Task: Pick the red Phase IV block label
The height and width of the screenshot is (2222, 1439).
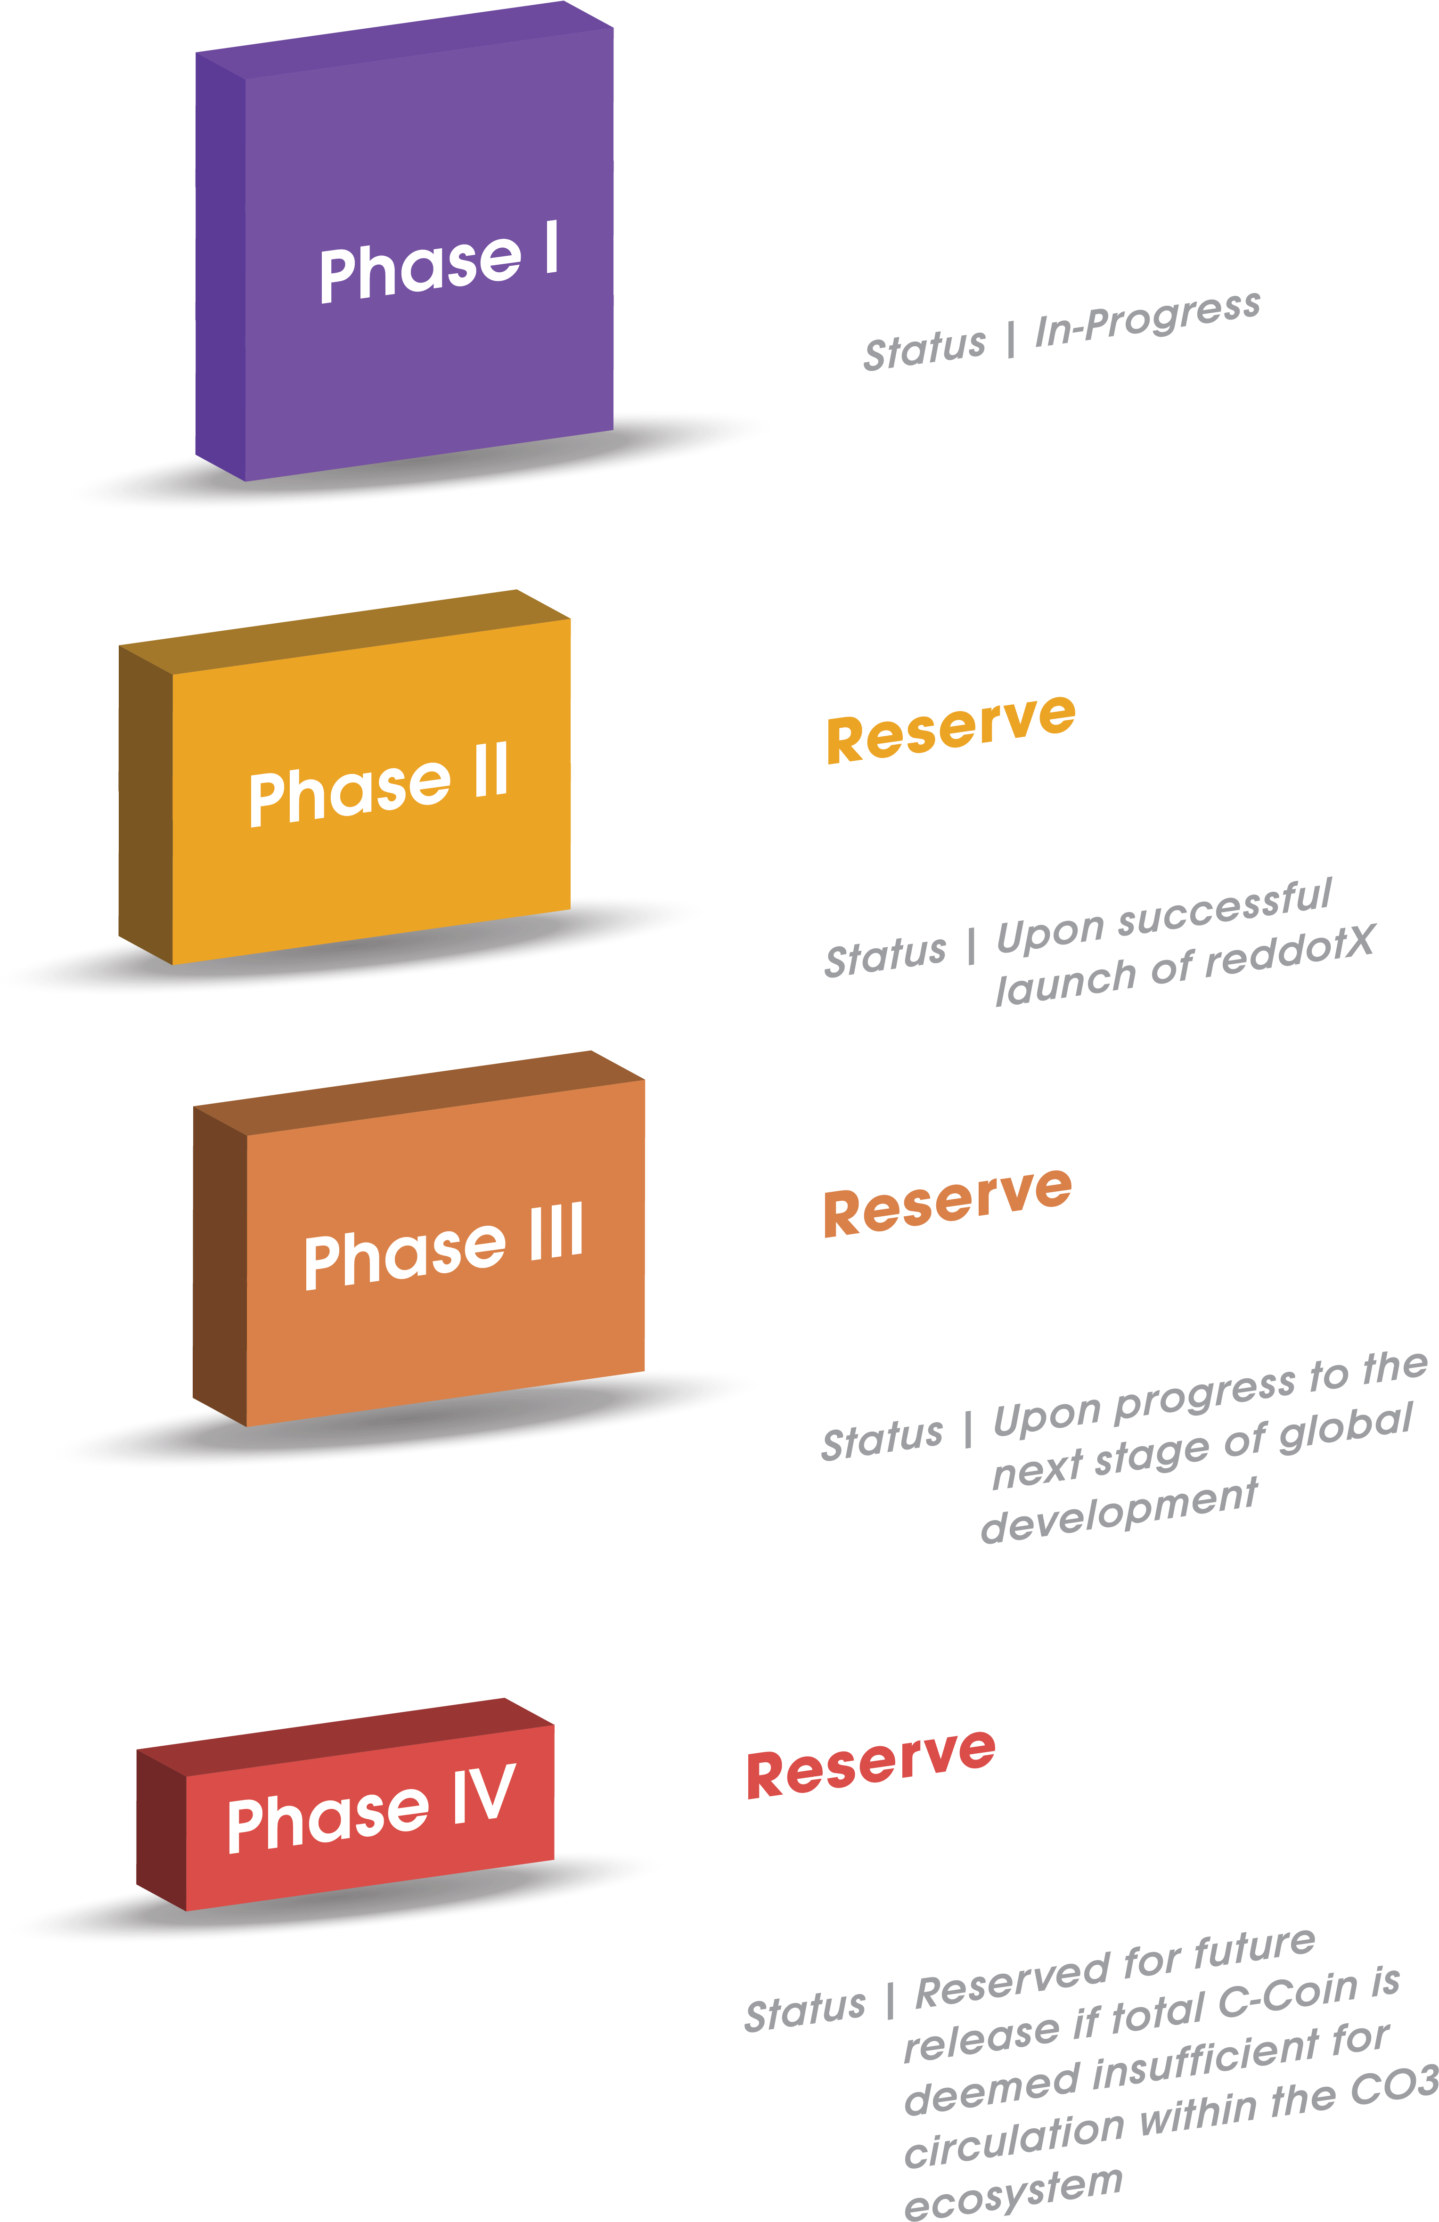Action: tap(371, 1809)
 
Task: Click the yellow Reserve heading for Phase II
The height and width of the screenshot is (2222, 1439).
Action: tap(951, 728)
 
